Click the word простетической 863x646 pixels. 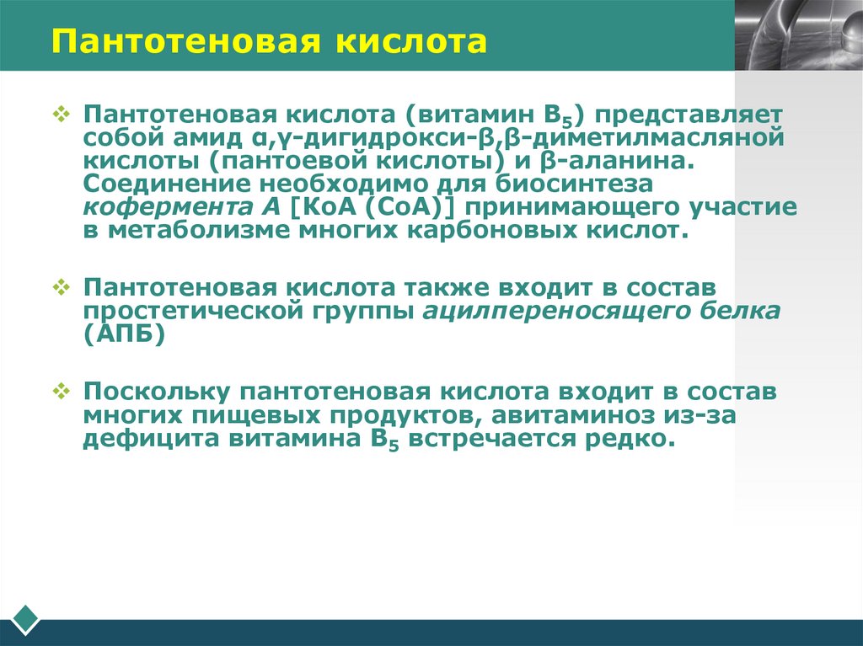pos(187,312)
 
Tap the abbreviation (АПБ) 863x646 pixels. pos(123,334)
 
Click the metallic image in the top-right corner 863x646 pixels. pos(798,35)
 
